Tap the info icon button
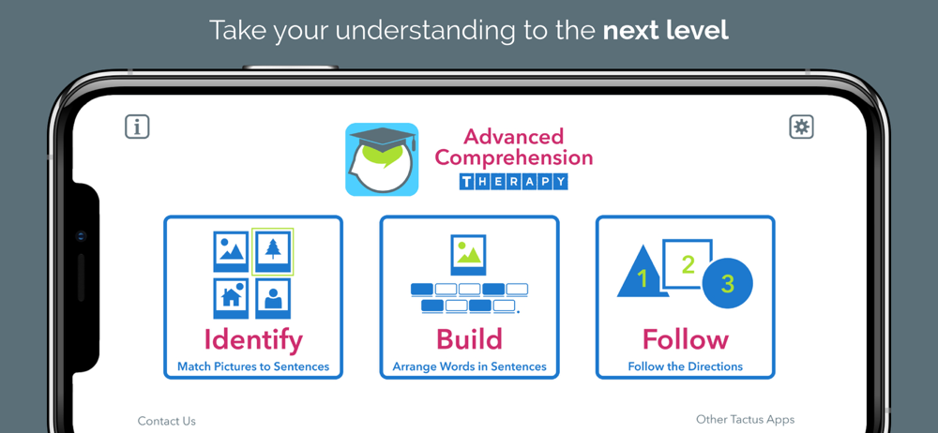click(137, 127)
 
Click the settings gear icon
click(802, 127)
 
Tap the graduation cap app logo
click(382, 159)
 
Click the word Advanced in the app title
click(513, 137)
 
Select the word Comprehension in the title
click(513, 158)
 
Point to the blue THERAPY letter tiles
click(513, 182)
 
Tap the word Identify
click(253, 339)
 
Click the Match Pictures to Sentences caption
click(253, 366)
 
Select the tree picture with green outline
click(273, 251)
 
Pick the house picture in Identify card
click(231, 298)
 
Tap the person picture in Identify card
click(273, 298)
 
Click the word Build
click(469, 339)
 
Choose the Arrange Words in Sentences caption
click(470, 366)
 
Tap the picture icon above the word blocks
click(468, 255)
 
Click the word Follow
click(686, 339)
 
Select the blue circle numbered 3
click(728, 283)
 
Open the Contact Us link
click(166, 421)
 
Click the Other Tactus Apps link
click(746, 419)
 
